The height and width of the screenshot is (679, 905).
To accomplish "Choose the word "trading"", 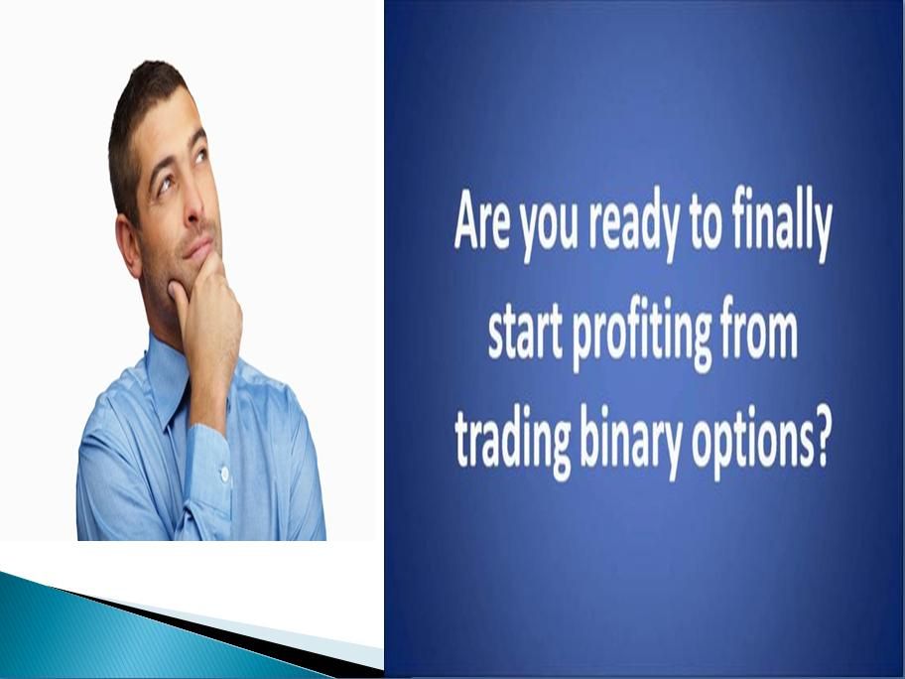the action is pos(512,443).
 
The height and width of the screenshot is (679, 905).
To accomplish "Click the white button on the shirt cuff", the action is pos(224,474).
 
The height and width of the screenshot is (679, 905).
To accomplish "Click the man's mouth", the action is pos(199,248).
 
